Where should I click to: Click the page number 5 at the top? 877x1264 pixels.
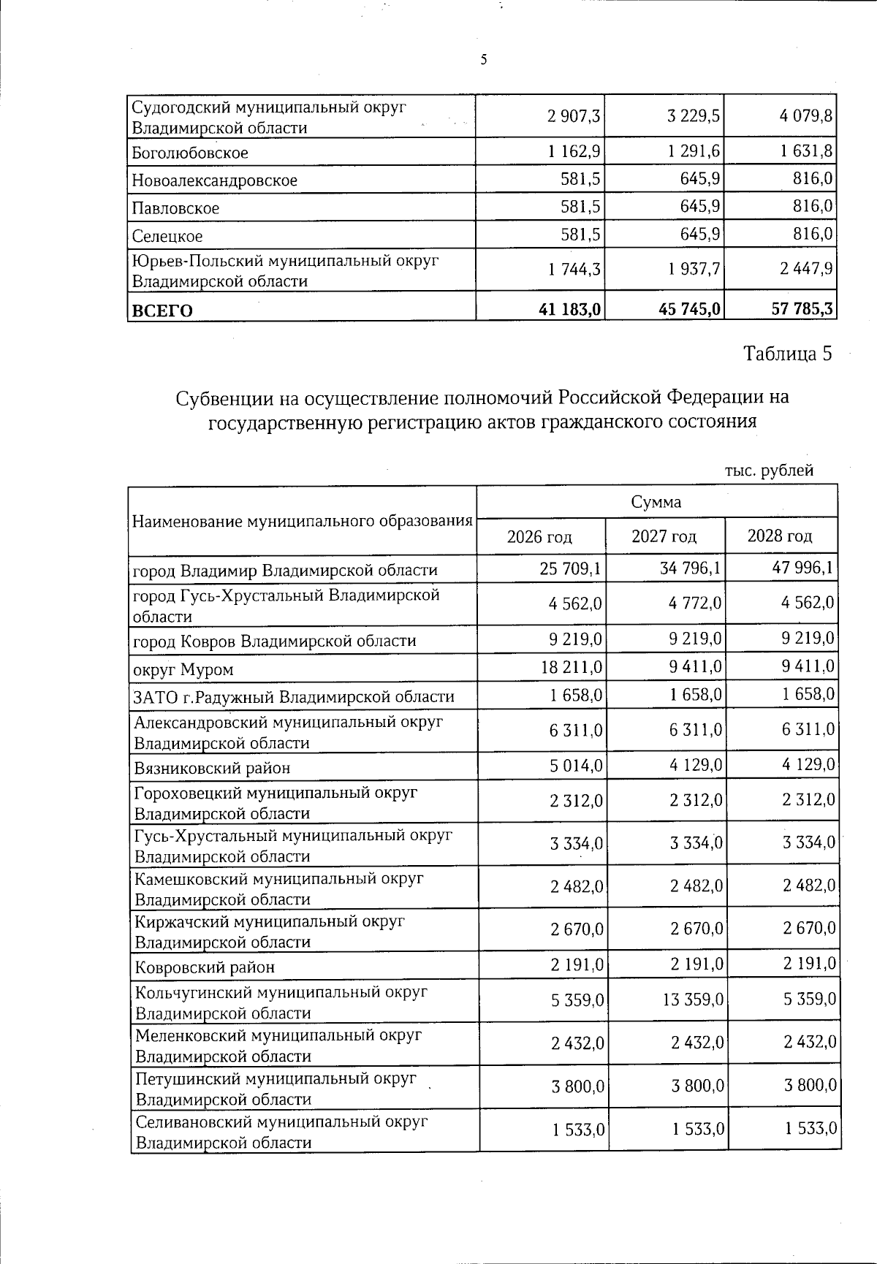click(484, 60)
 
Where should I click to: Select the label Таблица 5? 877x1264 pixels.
click(787, 354)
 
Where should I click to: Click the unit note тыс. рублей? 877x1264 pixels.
click(769, 471)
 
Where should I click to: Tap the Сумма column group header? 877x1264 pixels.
click(656, 502)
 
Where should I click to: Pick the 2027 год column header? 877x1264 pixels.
click(664, 537)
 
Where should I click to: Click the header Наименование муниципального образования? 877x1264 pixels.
click(302, 521)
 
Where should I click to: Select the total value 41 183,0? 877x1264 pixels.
click(570, 310)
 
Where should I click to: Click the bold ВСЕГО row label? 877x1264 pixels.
click(162, 311)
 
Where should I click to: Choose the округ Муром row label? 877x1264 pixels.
click(183, 669)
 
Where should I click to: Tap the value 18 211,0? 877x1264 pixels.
click(571, 667)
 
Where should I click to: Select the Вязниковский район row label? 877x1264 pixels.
click(212, 768)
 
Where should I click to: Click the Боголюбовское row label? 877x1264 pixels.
click(190, 153)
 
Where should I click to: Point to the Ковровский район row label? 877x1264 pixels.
click(205, 967)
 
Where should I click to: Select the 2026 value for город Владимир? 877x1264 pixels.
click(570, 568)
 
